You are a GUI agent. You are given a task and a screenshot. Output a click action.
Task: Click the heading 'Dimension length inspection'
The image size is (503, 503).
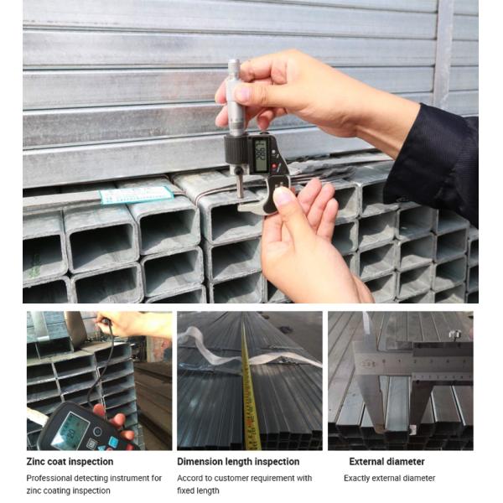[238, 461]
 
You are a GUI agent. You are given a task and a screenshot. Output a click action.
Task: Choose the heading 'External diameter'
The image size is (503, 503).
[386, 461]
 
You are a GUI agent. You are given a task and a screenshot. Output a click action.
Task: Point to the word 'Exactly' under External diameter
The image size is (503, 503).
[358, 478]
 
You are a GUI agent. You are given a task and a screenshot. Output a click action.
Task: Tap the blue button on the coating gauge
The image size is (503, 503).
[113, 441]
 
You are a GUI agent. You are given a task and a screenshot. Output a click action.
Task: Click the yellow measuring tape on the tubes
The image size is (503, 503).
[249, 394]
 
